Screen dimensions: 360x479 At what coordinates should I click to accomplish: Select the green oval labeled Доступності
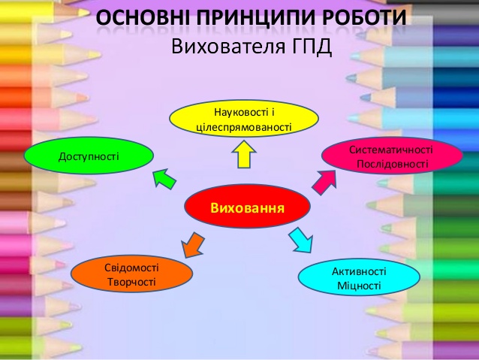coord(89,156)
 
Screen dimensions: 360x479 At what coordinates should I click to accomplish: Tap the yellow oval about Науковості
coord(243,120)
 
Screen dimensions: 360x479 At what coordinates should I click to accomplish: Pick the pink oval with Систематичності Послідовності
coord(392,156)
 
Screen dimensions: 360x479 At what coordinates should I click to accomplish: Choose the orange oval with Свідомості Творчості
coord(131,275)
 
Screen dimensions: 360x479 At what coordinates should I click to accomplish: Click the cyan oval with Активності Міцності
coord(359,278)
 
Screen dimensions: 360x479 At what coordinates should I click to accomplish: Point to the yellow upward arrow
coord(243,156)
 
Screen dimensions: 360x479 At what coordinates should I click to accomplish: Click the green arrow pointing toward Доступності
coord(164,179)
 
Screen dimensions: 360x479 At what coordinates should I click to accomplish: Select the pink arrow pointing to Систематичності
coord(323,180)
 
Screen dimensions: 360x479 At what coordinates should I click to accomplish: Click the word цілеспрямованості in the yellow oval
coord(243,128)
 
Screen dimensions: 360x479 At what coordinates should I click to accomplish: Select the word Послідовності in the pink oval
coord(392,164)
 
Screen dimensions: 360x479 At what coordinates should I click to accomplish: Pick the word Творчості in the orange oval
coord(131,283)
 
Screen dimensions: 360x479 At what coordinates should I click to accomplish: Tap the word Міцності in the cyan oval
coord(359,286)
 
